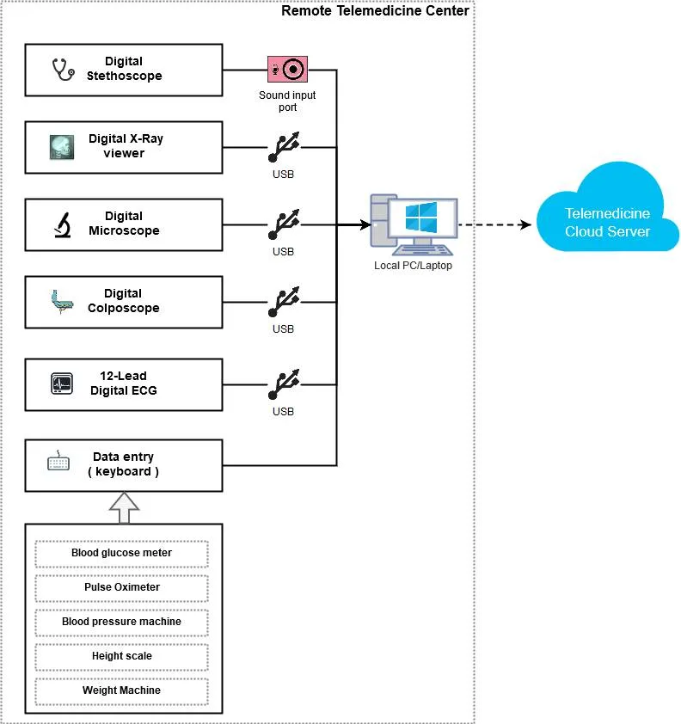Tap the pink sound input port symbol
287,70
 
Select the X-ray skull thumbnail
61,147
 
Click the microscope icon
63,225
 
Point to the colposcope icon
62,302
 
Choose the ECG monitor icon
62,383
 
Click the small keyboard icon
58,461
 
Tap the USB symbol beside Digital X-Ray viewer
284,147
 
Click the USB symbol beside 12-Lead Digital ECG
284,384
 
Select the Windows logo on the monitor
420,218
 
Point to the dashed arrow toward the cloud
494,225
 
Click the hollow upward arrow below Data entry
124,507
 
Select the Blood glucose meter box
122,554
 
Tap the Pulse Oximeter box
122,588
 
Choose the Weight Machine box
122,691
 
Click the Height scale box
122,657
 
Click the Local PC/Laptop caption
413,266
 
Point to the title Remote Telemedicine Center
375,10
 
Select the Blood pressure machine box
122,623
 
